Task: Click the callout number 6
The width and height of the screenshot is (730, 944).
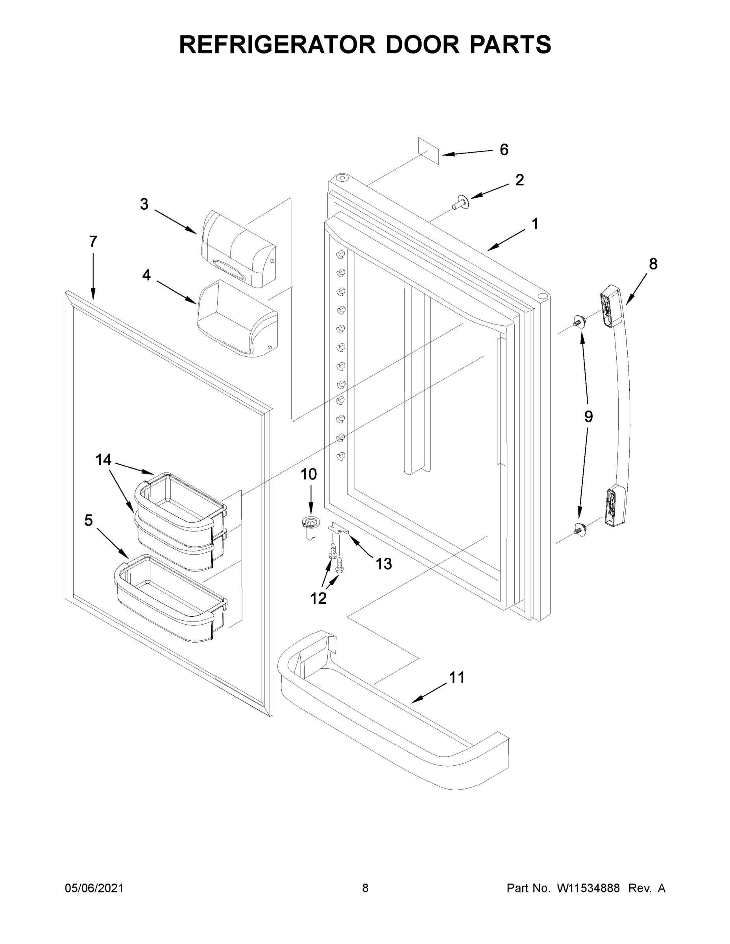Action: tap(504, 149)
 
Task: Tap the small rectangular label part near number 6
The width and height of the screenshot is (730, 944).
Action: tap(428, 151)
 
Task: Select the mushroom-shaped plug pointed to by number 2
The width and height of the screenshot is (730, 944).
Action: tap(461, 202)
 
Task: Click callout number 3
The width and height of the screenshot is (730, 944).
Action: tap(144, 204)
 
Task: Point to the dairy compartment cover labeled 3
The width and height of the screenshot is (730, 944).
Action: tap(238, 249)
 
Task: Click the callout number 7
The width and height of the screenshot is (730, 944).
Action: tap(93, 241)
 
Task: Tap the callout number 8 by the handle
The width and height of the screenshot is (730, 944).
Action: tap(653, 264)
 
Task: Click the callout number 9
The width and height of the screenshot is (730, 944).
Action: tap(588, 417)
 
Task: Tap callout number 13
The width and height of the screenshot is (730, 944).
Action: tap(384, 564)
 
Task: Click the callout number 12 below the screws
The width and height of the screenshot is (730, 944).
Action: tap(318, 598)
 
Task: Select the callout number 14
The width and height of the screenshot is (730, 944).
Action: tap(103, 460)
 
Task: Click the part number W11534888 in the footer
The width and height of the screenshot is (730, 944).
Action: tap(588, 888)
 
